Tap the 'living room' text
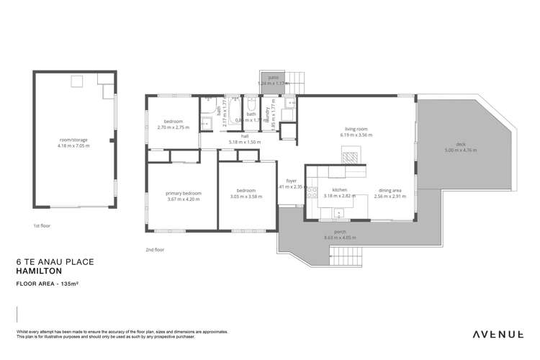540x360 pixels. coord(357,130)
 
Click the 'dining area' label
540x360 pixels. coord(391,191)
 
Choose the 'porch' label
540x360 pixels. coord(340,232)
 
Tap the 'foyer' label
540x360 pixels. coord(292,181)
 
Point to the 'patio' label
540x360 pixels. coord(273,76)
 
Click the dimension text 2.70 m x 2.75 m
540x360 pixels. coord(173,127)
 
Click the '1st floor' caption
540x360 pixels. coord(42,225)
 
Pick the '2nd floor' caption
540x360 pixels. coord(155,249)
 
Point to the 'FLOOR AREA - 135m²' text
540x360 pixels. coord(48,285)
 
